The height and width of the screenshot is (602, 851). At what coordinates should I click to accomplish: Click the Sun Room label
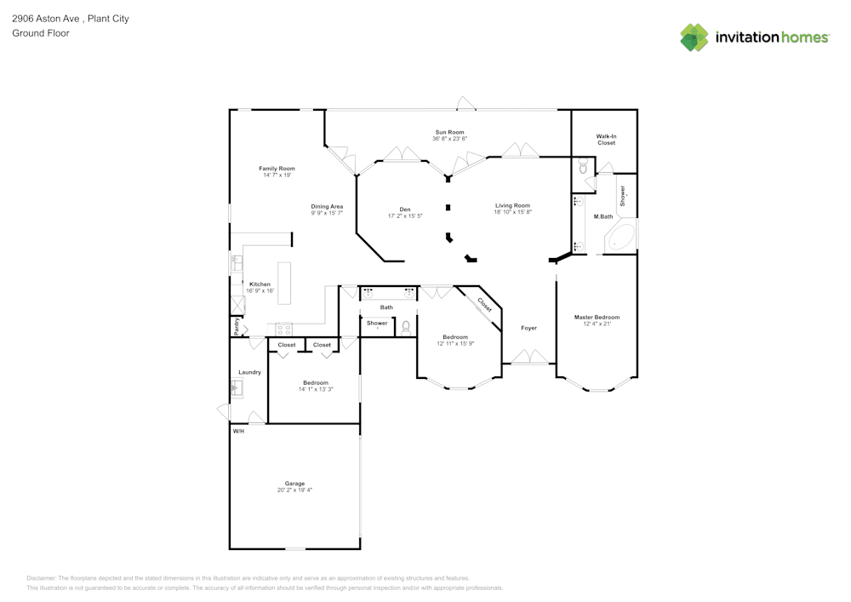pos(449,132)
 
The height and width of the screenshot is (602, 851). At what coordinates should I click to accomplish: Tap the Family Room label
pos(277,169)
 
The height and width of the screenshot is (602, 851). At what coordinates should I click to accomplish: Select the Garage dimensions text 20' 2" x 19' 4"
pos(294,490)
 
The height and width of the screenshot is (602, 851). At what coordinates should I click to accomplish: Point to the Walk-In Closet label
pos(606,140)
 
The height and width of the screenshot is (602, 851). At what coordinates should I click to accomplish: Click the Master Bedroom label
pos(597,317)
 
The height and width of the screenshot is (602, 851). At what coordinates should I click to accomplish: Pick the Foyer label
pos(528,328)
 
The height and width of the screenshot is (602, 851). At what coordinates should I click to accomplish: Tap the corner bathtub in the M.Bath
pos(620,236)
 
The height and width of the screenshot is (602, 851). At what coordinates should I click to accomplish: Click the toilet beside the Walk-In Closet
pos(584,165)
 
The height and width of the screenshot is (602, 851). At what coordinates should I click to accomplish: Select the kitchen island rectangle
pos(284,284)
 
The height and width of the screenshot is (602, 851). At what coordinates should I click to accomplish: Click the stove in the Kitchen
pos(284,329)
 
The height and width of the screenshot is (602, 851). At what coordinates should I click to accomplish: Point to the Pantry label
pos(237,326)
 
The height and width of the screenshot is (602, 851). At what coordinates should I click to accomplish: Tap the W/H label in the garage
pos(239,431)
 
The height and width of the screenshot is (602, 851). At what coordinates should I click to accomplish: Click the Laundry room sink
pos(237,387)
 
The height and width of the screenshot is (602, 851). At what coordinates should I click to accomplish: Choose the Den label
pos(405,209)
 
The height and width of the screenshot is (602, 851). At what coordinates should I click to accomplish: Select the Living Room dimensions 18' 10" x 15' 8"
pos(513,212)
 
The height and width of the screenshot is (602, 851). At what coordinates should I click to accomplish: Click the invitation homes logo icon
pos(694,37)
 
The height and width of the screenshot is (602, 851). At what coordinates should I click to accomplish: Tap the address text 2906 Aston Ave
pos(46,19)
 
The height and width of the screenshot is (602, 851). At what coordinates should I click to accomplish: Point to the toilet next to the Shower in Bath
pos(405,327)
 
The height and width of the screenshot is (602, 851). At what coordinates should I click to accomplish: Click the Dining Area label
pos(327,206)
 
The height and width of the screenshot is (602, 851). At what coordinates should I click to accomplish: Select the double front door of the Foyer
pos(529,357)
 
